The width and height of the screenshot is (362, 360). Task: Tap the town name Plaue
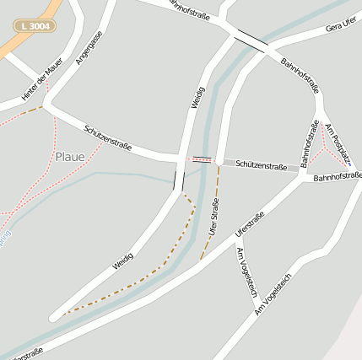click(x=70, y=156)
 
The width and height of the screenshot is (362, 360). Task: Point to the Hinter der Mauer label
click(x=37, y=83)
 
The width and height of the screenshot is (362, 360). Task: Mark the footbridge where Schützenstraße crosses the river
click(x=202, y=159)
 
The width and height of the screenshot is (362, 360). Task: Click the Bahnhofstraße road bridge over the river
click(x=251, y=39)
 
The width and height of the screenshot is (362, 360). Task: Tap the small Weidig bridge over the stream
click(x=178, y=180)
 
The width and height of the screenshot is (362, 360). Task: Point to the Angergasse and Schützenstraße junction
click(x=47, y=107)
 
